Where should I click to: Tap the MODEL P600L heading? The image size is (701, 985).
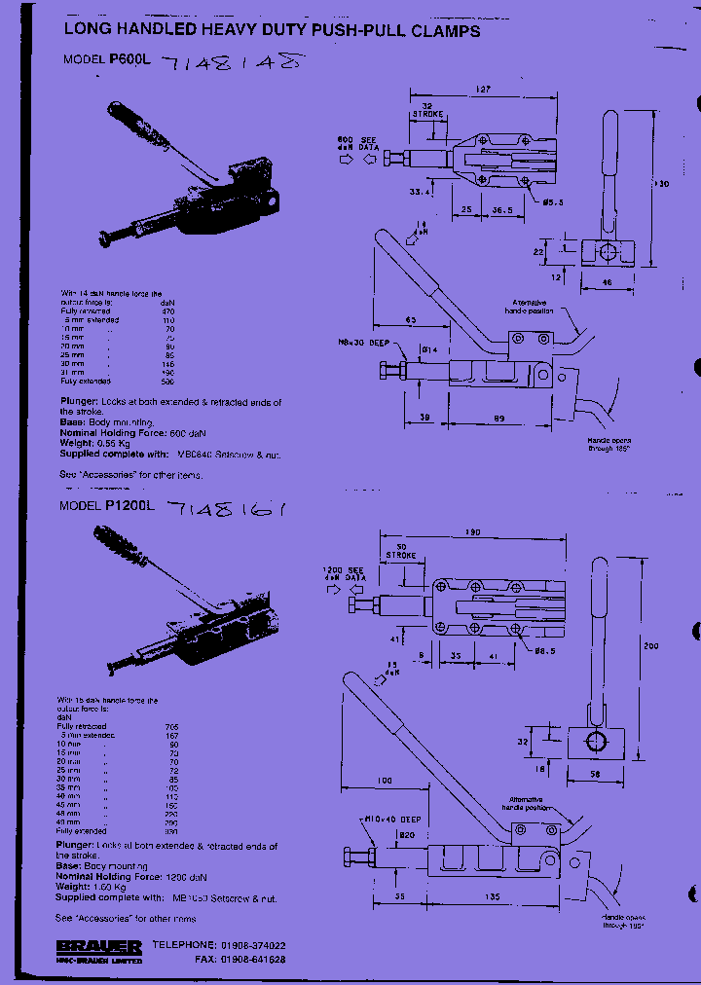pos(104,59)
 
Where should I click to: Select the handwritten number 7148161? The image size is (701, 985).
pos(226,508)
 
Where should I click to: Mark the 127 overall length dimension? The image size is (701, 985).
pos(484,89)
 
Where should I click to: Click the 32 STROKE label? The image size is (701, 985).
pos(427,109)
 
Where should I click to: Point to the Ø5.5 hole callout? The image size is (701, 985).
pos(554,201)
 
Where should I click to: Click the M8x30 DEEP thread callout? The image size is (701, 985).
pos(364,344)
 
